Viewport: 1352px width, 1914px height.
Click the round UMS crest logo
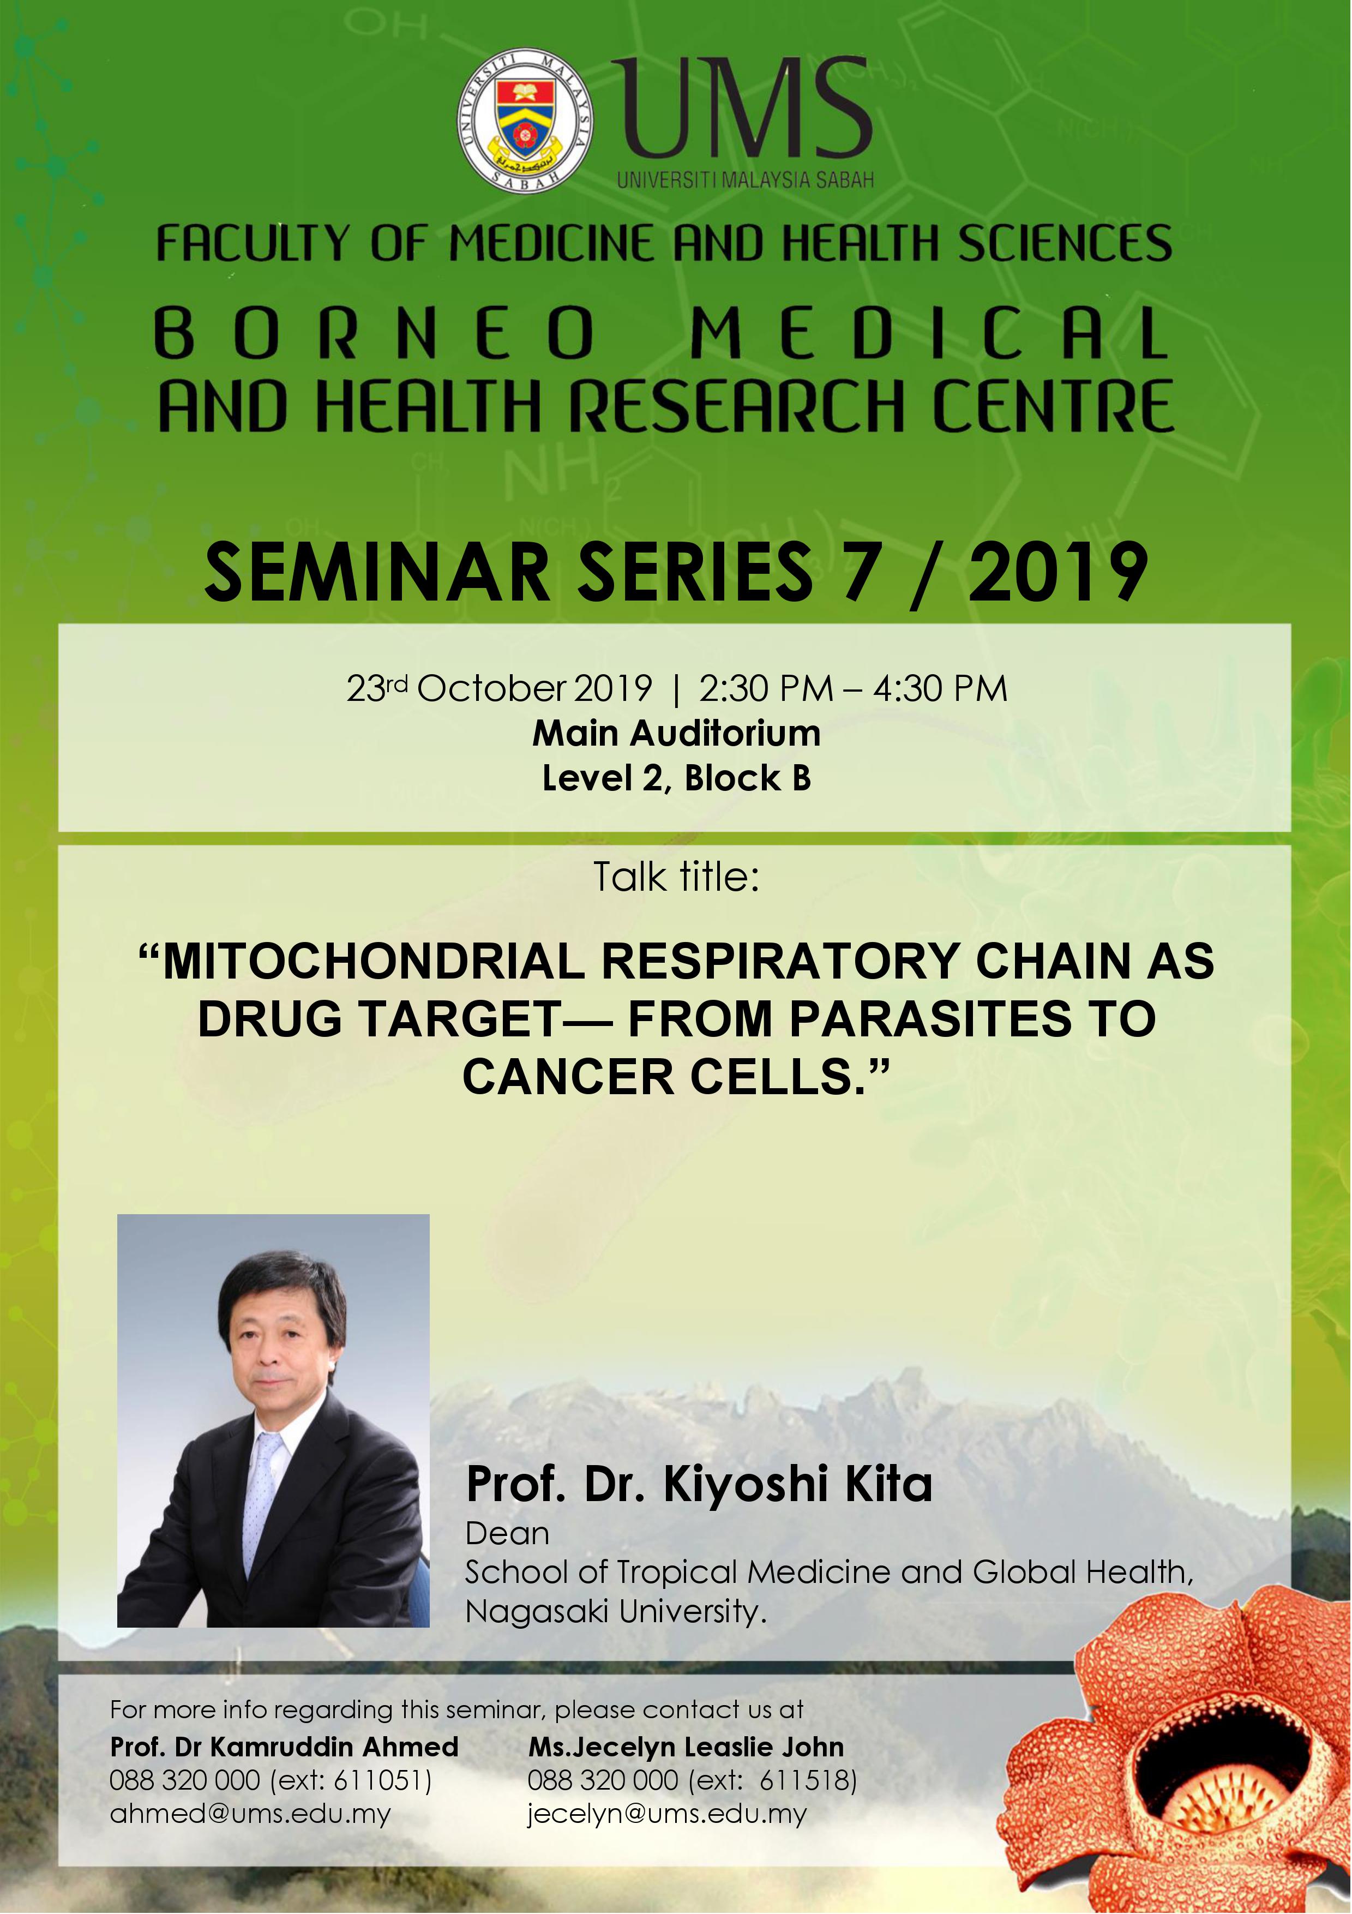[526, 122]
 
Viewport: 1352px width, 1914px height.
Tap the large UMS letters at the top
[745, 109]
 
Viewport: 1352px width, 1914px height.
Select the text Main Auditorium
[676, 734]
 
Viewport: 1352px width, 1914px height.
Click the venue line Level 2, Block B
[676, 778]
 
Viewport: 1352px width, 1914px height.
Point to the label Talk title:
[676, 877]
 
